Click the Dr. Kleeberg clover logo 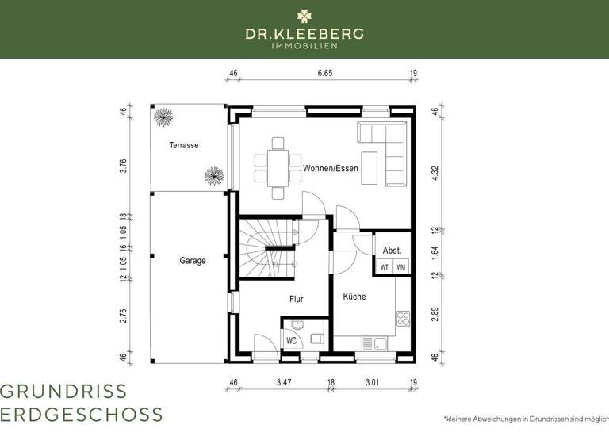click(x=304, y=15)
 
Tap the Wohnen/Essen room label click(x=330, y=169)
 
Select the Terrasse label click(x=183, y=146)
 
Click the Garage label click(x=192, y=260)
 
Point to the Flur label click(x=295, y=299)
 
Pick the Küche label click(x=354, y=297)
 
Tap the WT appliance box click(x=385, y=267)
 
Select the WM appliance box click(x=401, y=267)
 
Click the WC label click(x=291, y=341)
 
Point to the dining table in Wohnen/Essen click(x=277, y=168)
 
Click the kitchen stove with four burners click(x=402, y=320)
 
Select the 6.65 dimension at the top click(x=324, y=73)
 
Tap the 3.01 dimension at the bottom click(x=371, y=383)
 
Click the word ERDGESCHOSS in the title click(x=82, y=415)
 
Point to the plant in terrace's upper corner click(x=163, y=117)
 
